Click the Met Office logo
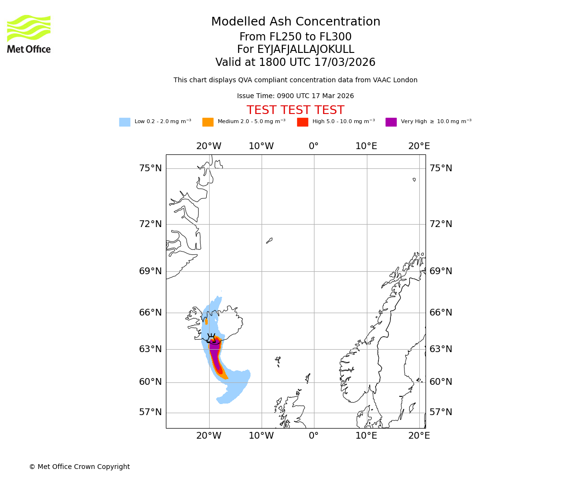pyautogui.click(x=29, y=34)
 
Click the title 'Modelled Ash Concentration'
pyautogui.click(x=295, y=22)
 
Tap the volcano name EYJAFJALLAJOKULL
pyautogui.click(x=295, y=50)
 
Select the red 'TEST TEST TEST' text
pyautogui.click(x=295, y=110)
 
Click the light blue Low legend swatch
pyautogui.click(x=125, y=122)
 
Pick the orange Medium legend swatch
pyautogui.click(x=208, y=122)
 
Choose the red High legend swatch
pyautogui.click(x=302, y=122)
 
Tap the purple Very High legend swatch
pyautogui.click(x=391, y=122)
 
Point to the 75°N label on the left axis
pyautogui.click(x=151, y=168)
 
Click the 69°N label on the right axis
pyautogui.click(x=441, y=271)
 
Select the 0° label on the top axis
pyautogui.click(x=314, y=146)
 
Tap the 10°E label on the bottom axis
pyautogui.click(x=366, y=436)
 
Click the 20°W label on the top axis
pyautogui.click(x=209, y=146)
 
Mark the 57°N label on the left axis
pyautogui.click(x=151, y=412)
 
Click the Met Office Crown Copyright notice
pyautogui.click(x=79, y=467)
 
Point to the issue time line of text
pyautogui.click(x=295, y=96)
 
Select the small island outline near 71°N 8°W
pyautogui.click(x=269, y=240)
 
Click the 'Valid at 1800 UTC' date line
pyautogui.click(x=295, y=63)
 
